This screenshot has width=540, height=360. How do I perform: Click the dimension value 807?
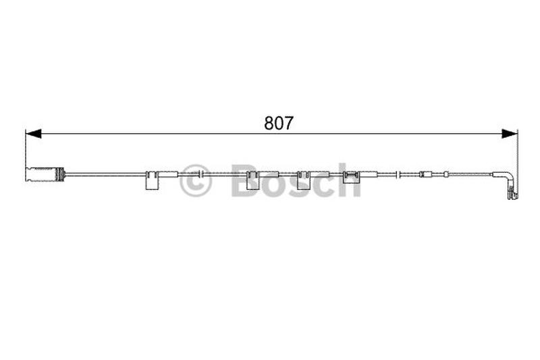click(x=279, y=123)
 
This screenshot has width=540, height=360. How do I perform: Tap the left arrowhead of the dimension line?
click(x=33, y=134)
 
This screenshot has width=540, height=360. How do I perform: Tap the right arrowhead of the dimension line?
click(x=510, y=134)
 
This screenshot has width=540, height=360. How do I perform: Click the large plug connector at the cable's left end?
click(x=45, y=174)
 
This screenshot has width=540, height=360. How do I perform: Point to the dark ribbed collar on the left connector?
click(x=60, y=174)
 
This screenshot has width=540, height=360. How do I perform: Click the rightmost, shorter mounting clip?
click(x=351, y=177)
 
